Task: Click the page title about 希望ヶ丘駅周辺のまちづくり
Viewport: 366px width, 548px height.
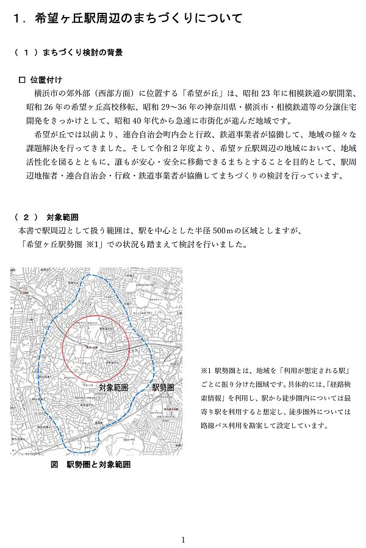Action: [128, 19]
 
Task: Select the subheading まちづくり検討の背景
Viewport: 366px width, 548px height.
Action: [82, 53]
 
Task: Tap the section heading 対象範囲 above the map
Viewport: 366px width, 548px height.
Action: [62, 217]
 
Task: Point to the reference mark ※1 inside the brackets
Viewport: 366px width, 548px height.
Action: [93, 245]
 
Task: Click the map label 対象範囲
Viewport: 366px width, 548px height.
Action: [113, 387]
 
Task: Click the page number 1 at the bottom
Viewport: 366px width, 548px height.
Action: [183, 539]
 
